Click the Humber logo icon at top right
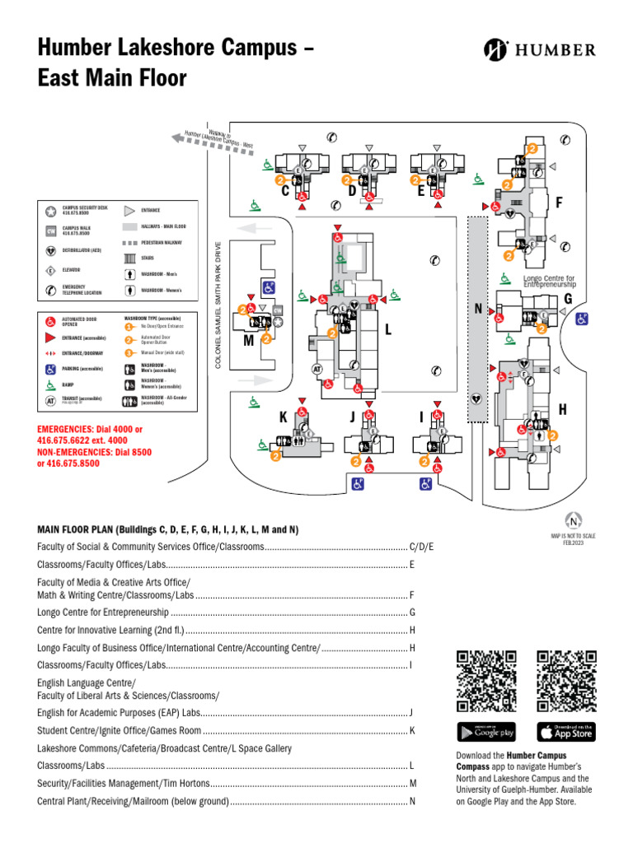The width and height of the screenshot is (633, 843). (x=495, y=49)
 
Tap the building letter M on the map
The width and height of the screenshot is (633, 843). (x=248, y=341)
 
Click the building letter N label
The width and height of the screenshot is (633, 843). (x=478, y=309)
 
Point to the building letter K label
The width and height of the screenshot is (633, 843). (x=283, y=417)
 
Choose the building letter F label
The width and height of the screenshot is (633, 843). (x=559, y=202)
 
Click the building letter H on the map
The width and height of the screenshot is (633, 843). (x=562, y=409)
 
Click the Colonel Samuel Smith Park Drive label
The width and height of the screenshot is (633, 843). (x=218, y=305)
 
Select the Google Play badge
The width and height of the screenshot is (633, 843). (x=486, y=731)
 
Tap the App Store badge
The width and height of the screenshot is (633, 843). (x=566, y=731)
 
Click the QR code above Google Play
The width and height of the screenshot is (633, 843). (x=486, y=681)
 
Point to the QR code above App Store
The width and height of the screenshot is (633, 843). (x=566, y=681)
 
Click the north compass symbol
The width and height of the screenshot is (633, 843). (x=573, y=520)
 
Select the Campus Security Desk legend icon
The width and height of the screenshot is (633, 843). (x=50, y=211)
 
